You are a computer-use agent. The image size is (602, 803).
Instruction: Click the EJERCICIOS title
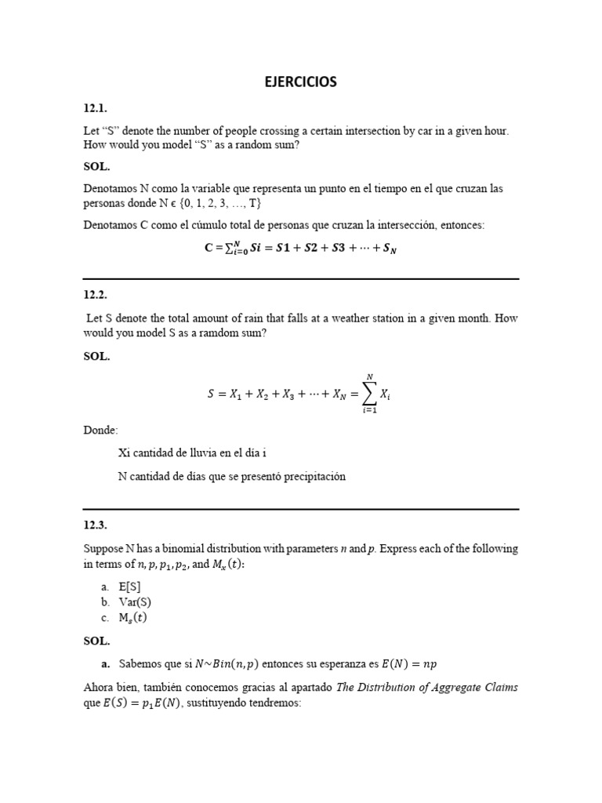coord(300,82)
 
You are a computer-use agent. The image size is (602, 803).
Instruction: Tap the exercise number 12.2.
coord(95,295)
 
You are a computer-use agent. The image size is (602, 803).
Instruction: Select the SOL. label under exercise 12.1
coord(96,167)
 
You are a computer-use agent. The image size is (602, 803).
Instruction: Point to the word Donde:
coord(100,431)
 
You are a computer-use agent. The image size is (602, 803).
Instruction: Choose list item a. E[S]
coord(119,587)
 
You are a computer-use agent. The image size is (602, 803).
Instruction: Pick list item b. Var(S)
coord(121,602)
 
